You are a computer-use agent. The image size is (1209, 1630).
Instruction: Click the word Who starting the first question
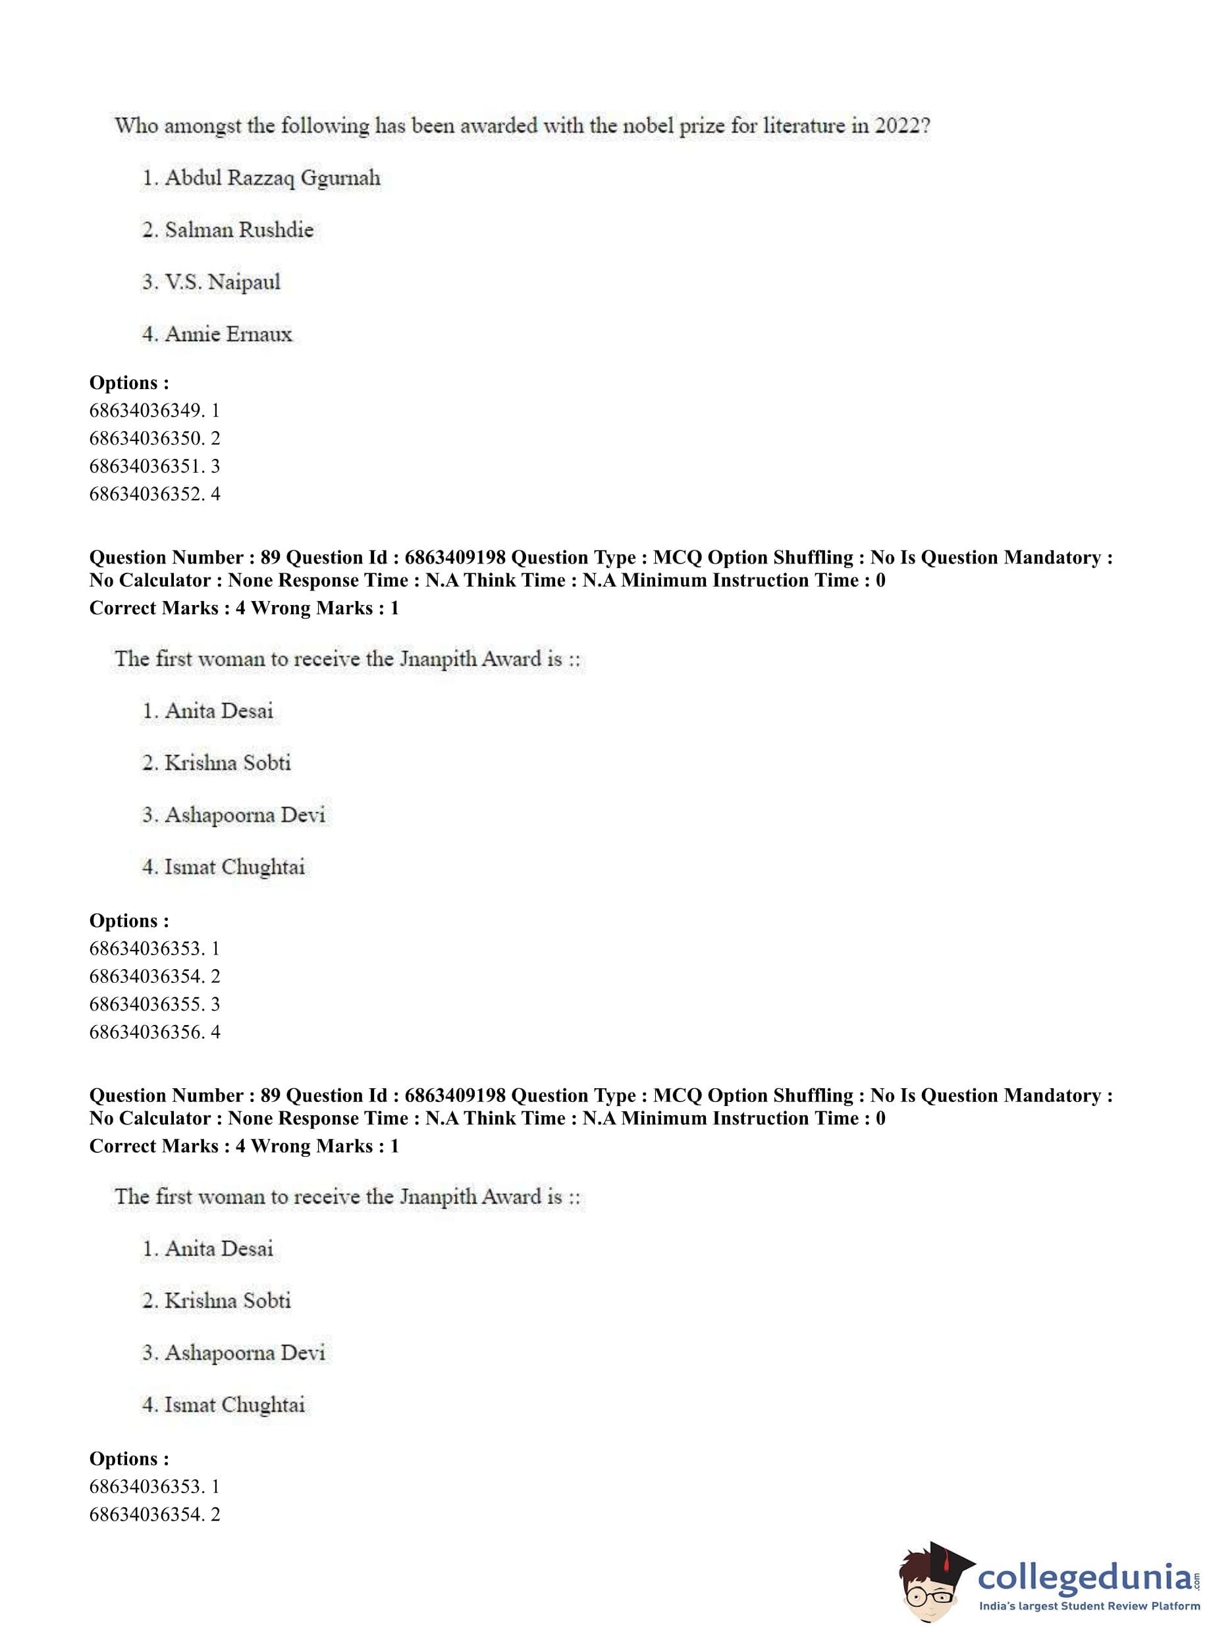coord(136,126)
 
